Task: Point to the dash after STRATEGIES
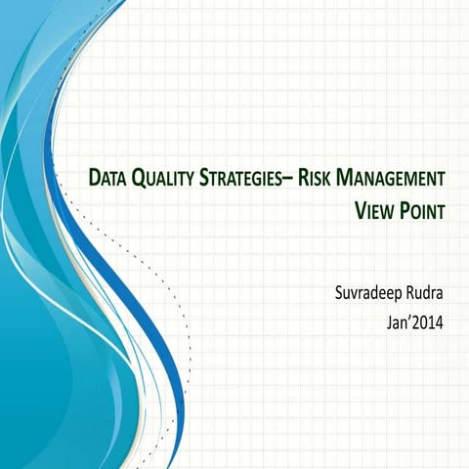(291, 180)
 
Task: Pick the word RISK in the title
(316, 179)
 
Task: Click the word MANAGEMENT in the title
(391, 179)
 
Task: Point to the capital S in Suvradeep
(339, 289)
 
